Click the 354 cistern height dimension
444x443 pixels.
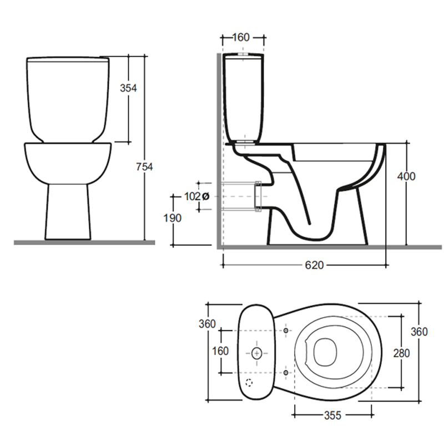tap(128, 88)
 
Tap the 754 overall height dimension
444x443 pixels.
tap(144, 167)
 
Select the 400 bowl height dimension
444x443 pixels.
tap(406, 176)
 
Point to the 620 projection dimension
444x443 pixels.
tap(314, 265)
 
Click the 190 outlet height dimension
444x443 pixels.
tap(173, 218)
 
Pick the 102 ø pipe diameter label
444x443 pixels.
tap(197, 196)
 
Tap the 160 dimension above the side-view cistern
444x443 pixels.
tap(241, 37)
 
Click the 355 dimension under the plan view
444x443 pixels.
tap(332, 415)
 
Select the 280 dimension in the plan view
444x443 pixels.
tap(401, 353)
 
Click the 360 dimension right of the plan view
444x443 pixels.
tap(419, 332)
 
